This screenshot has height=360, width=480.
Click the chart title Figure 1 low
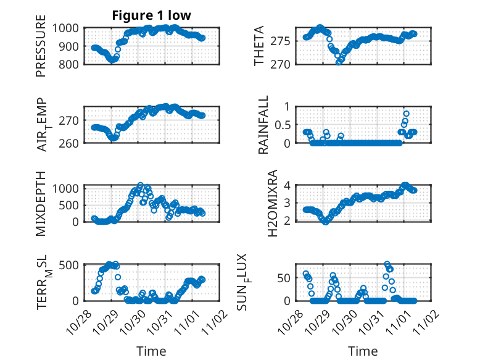click(151, 15)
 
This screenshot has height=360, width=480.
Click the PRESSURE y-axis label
click(41, 49)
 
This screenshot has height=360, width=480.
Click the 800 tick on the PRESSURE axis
click(71, 64)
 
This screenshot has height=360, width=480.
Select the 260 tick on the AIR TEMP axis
click(71, 143)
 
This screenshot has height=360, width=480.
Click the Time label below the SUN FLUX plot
click(363, 351)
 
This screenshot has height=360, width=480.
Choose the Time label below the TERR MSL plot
click(151, 351)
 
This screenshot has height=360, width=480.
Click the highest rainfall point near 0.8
click(406, 114)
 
